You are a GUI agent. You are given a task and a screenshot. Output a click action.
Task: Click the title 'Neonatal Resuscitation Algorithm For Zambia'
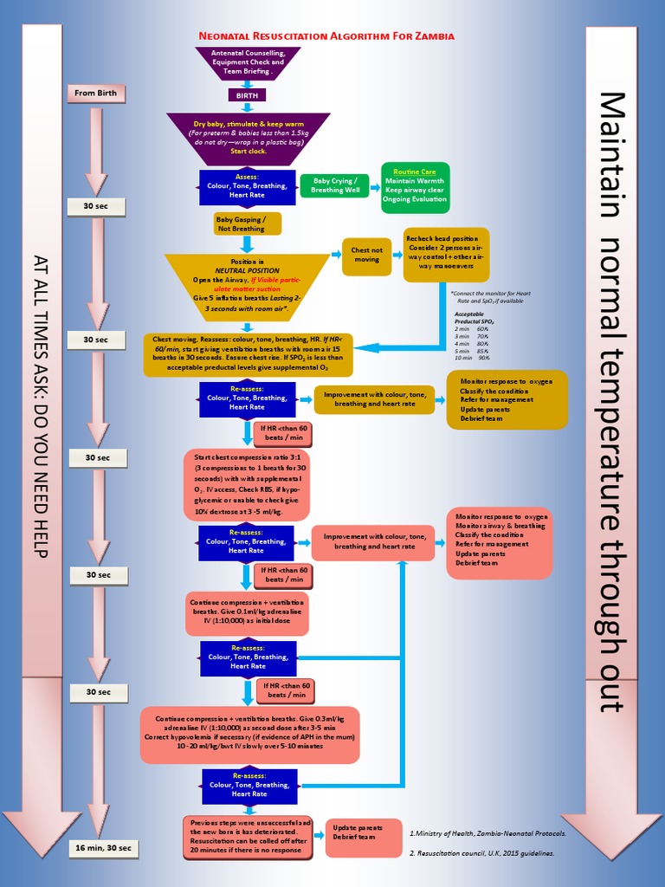[326, 36]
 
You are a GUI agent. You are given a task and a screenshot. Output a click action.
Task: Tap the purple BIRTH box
[247, 94]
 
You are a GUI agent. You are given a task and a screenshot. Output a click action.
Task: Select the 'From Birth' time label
[96, 93]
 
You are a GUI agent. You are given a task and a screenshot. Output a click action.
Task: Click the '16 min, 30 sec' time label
[103, 847]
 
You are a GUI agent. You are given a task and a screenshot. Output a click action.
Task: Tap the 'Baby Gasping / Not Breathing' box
[247, 224]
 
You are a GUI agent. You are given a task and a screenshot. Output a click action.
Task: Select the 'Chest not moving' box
[366, 256]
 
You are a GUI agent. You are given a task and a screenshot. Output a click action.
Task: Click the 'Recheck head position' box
[446, 254]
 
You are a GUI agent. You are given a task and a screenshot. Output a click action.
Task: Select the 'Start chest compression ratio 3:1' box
[247, 484]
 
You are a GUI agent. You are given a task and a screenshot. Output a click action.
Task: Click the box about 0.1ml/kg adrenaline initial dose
[247, 612]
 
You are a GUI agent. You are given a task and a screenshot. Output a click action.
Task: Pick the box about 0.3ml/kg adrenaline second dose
[249, 733]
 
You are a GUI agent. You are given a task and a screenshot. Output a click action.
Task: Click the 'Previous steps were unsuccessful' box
[247, 837]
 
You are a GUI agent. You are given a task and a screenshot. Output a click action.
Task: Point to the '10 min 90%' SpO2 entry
[472, 357]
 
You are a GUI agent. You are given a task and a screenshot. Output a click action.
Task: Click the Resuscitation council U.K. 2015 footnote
[481, 853]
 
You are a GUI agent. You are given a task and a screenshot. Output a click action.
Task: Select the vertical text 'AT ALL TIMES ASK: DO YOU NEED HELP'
[41, 406]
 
